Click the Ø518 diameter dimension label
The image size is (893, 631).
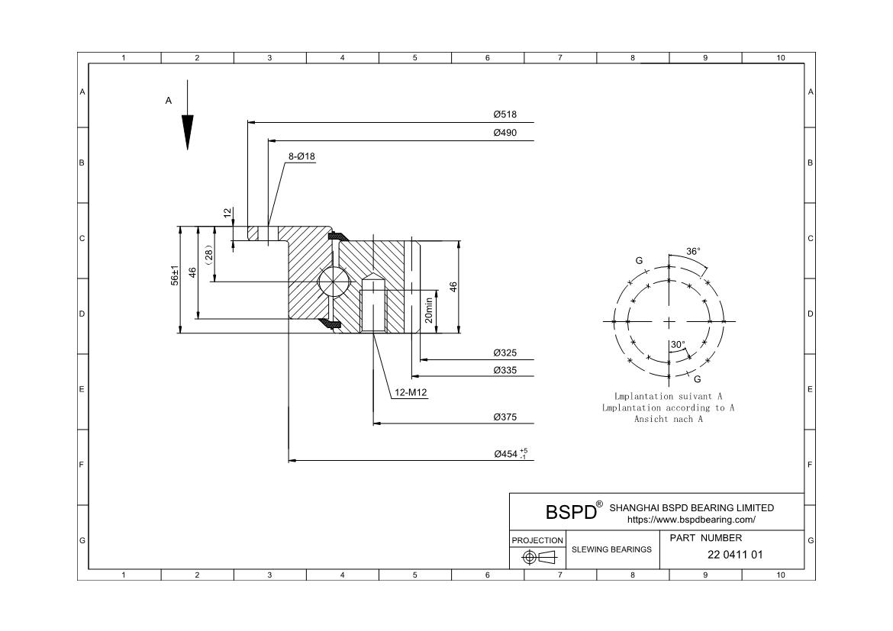pyautogui.click(x=505, y=114)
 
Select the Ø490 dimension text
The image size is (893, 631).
pyautogui.click(x=505, y=133)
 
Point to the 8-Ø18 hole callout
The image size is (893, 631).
pyautogui.click(x=301, y=156)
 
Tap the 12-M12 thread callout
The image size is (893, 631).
pyautogui.click(x=411, y=393)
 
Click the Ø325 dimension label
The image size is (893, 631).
pyautogui.click(x=505, y=353)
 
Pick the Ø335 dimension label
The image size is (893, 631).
pyautogui.click(x=505, y=369)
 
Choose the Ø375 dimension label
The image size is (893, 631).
pyautogui.click(x=505, y=417)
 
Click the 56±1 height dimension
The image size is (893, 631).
pyautogui.click(x=174, y=275)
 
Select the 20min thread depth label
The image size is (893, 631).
pyautogui.click(x=429, y=310)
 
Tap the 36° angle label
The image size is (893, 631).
pyautogui.click(x=693, y=251)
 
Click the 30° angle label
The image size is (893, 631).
pyautogui.click(x=678, y=345)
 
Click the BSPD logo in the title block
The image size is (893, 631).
pyautogui.click(x=571, y=512)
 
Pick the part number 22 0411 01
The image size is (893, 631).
pyautogui.click(x=736, y=555)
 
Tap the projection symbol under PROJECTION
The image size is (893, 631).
pyautogui.click(x=537, y=558)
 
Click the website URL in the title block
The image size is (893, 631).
pyautogui.click(x=691, y=520)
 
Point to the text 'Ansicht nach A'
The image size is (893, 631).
pyautogui.click(x=669, y=419)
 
